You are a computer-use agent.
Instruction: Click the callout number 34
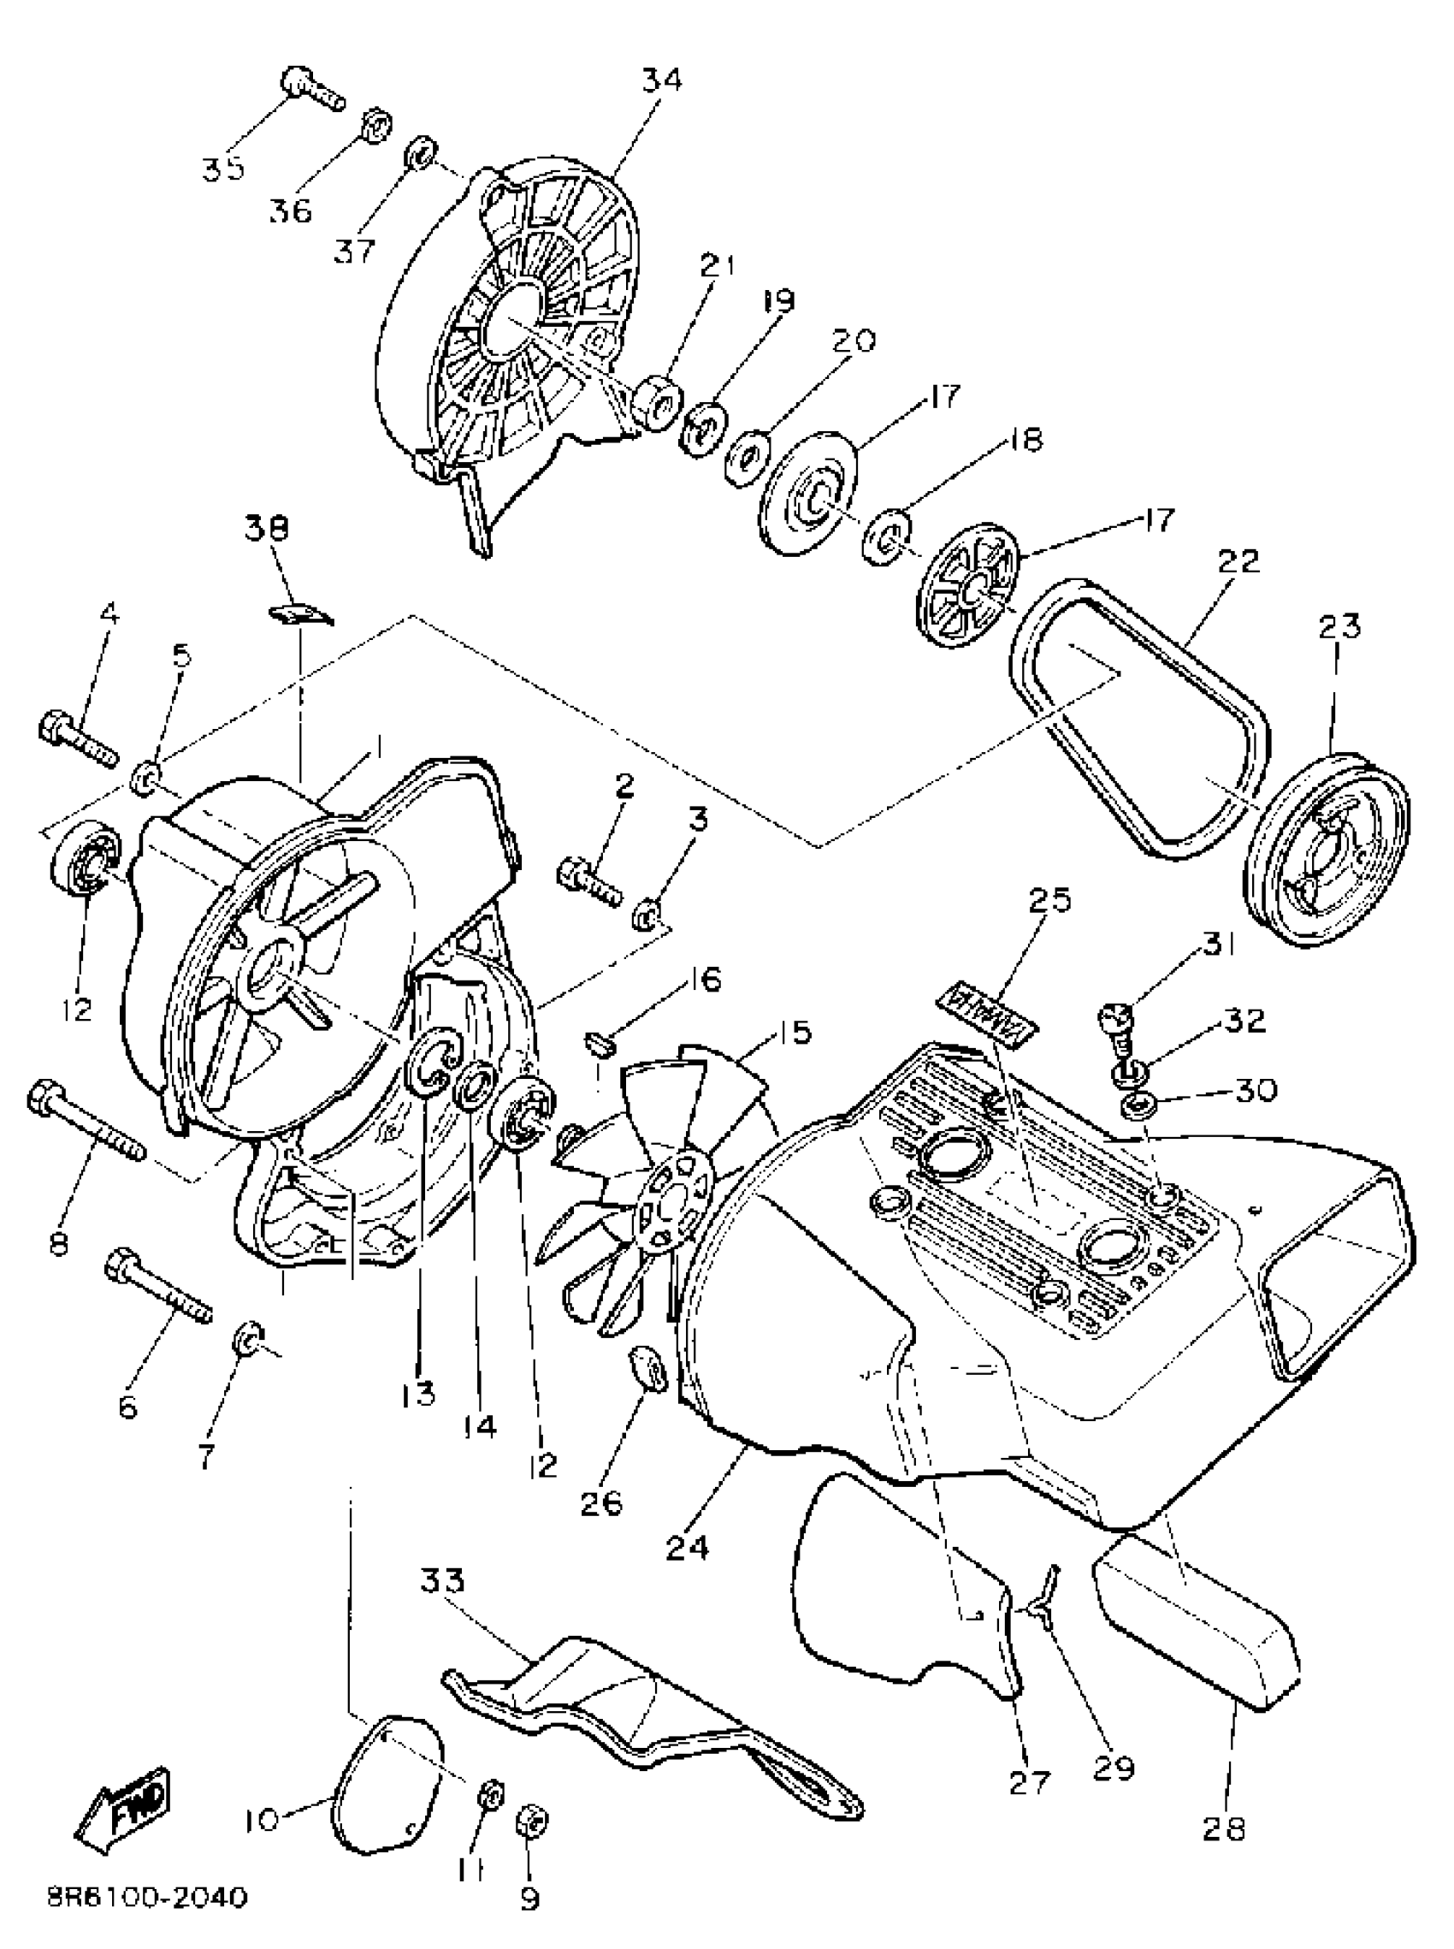(x=661, y=81)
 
